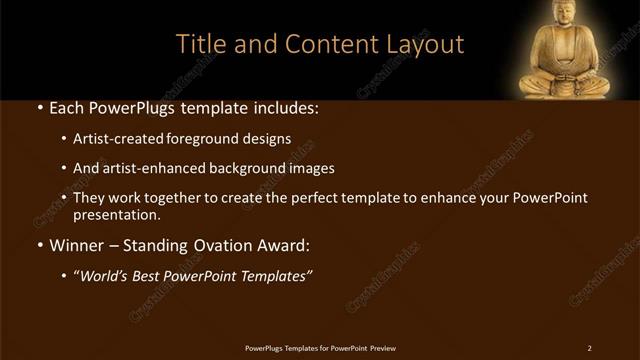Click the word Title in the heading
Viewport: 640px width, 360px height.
[200, 44]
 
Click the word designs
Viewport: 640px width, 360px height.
[269, 138]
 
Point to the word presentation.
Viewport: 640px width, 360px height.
[116, 214]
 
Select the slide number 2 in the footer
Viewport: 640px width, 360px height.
[590, 348]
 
